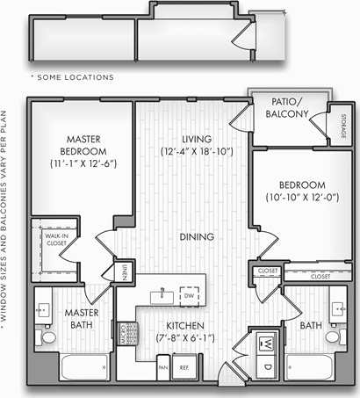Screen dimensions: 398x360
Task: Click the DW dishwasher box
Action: [188, 295]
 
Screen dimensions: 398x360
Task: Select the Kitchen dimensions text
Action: [184, 337]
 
